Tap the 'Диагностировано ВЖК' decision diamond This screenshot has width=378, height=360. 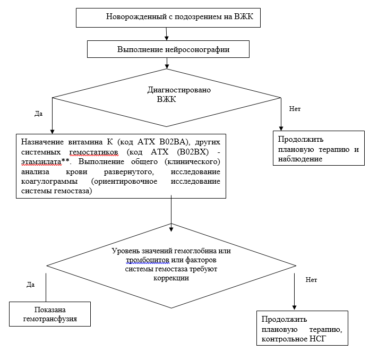pyautogui.click(x=168, y=95)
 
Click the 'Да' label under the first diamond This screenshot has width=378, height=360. pyautogui.click(x=38, y=114)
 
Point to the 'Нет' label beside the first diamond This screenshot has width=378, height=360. pyautogui.click(x=295, y=108)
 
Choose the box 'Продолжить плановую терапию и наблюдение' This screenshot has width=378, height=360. pyautogui.click(x=319, y=149)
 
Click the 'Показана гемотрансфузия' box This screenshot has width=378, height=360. pyautogui.click(x=49, y=314)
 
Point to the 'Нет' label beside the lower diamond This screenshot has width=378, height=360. pyautogui.click(x=312, y=279)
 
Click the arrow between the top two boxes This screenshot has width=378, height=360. pyautogui.click(x=167, y=33)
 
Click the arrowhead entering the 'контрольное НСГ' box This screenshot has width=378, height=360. pyautogui.click(x=294, y=307)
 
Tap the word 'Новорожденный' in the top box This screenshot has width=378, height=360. pyautogui.click(x=133, y=17)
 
